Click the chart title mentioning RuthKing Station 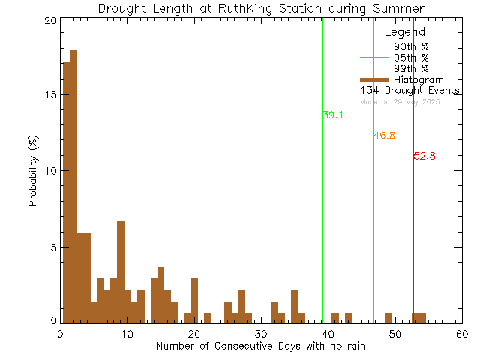[262, 8]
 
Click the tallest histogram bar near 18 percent [73, 187]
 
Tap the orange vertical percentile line [373, 225]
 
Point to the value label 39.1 [333, 115]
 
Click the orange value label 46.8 [384, 136]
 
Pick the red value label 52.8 [424, 156]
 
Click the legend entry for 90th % [411, 46]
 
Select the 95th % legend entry [411, 57]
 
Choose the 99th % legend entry [411, 68]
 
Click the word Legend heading [404, 32]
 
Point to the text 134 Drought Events [409, 91]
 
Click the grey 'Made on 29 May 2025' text [399, 101]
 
